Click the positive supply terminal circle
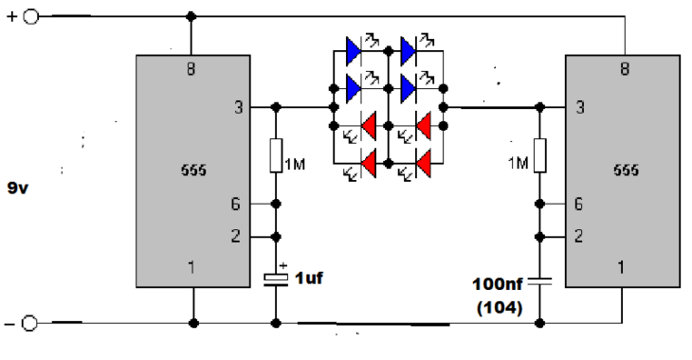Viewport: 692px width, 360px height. click(x=31, y=17)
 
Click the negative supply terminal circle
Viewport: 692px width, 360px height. click(x=29, y=323)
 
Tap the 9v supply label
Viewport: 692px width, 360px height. click(x=18, y=188)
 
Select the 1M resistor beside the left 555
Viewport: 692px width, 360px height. click(x=276, y=155)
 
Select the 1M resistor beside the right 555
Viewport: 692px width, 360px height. click(x=539, y=155)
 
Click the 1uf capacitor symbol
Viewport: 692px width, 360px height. click(x=276, y=279)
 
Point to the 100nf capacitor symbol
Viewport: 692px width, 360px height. click(x=539, y=281)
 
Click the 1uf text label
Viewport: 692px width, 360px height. click(x=309, y=278)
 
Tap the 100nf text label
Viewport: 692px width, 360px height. click(x=498, y=284)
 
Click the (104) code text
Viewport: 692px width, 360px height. click(x=500, y=308)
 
